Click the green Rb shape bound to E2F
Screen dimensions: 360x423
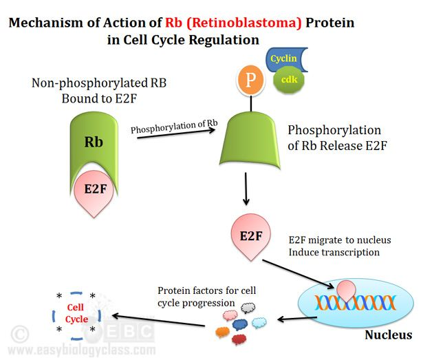tap(94, 144)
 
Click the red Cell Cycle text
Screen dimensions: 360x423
tap(76, 315)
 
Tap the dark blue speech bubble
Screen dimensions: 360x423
tap(239, 324)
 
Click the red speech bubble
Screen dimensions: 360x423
tap(240, 339)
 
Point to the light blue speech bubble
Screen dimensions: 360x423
tap(260, 322)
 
